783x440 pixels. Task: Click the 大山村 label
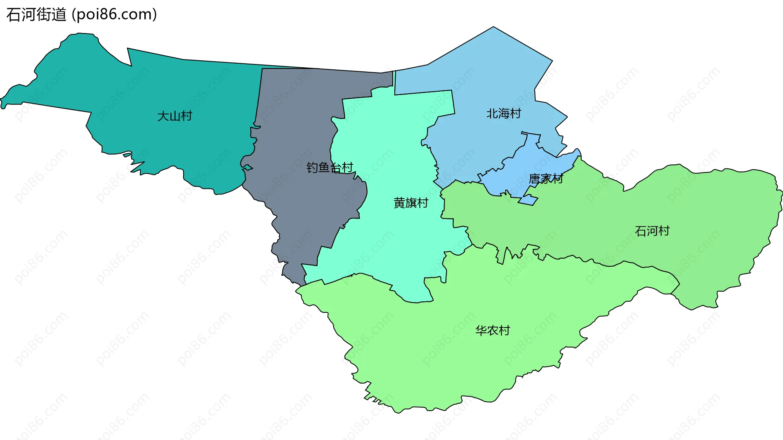[x=175, y=116]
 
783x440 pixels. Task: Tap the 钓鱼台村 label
[x=330, y=168]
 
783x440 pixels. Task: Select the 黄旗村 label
[x=411, y=203]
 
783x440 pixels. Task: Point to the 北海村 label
[x=504, y=113]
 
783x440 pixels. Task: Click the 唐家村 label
[x=546, y=179]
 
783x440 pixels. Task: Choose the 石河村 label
[x=652, y=231]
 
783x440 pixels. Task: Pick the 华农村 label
[x=493, y=330]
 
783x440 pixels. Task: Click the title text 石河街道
[x=36, y=15]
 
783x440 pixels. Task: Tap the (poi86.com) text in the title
[x=115, y=15]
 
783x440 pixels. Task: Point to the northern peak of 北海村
[x=493, y=29]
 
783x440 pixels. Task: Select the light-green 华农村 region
[x=449, y=359]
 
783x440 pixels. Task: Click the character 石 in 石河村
[x=641, y=231]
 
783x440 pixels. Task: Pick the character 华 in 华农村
[x=481, y=330]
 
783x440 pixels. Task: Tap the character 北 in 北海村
[x=492, y=113]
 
